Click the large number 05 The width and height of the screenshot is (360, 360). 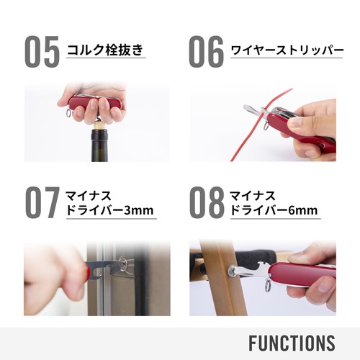pos(42,50)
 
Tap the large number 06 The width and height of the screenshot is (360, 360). pos(206,50)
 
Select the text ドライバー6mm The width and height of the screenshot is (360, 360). pos(274,211)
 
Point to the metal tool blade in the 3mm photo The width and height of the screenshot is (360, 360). pos(108,266)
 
